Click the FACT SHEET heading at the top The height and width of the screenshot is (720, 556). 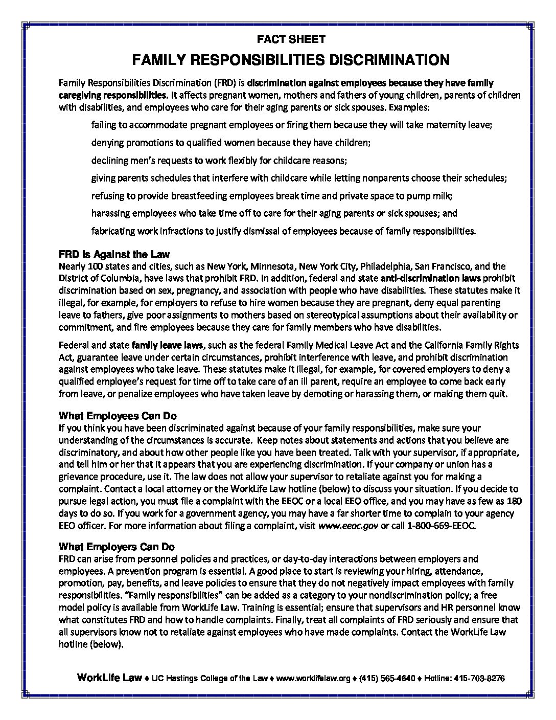coord(290,38)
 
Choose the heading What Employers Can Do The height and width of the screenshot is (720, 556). coord(117,546)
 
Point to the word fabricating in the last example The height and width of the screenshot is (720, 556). coord(113,231)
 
